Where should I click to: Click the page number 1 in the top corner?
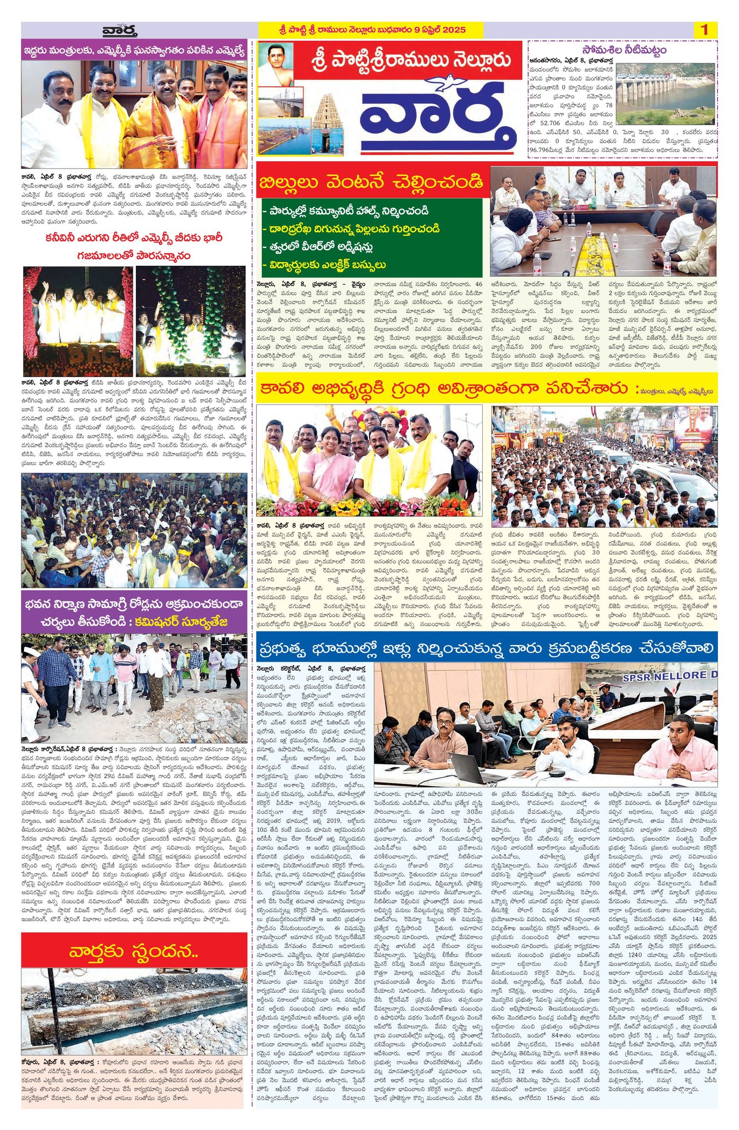click(x=704, y=30)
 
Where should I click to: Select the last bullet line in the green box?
click(x=325, y=265)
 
